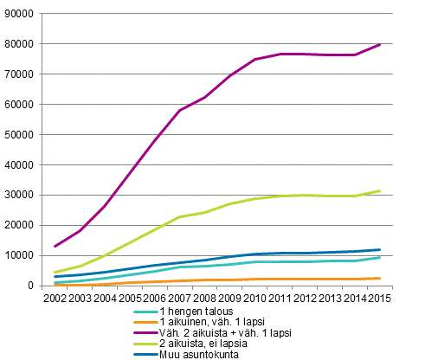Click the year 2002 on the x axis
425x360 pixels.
(54, 298)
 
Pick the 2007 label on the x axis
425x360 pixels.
(179, 298)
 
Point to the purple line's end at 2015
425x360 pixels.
(380, 44)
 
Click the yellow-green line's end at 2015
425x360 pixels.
(380, 191)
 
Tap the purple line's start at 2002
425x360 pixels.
(54, 246)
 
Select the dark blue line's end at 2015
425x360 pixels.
(380, 250)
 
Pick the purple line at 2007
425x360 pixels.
(179, 110)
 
